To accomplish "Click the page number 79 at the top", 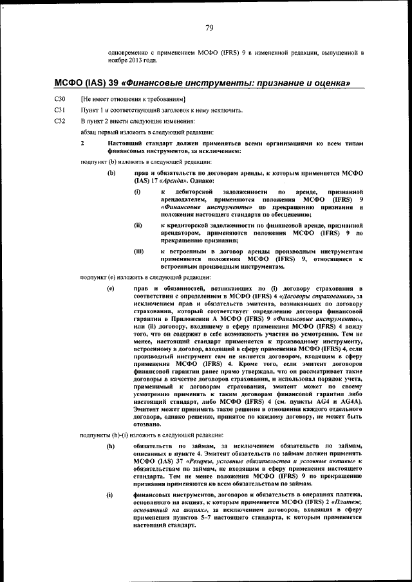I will [209, 27].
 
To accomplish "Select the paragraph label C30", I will [59, 100].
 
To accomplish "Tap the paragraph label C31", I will [59, 111].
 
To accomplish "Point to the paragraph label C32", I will [59, 121].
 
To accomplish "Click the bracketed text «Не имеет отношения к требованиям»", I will [133, 100].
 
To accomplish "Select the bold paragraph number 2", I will [82, 143].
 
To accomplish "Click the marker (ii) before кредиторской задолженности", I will [138, 226].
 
